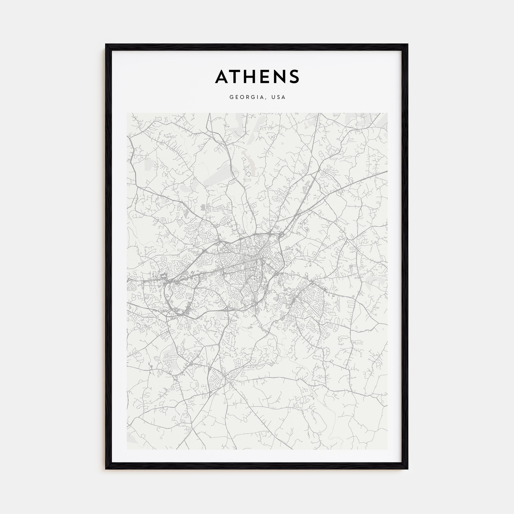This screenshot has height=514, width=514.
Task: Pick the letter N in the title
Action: click(x=283, y=77)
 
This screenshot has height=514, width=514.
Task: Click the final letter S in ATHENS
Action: click(x=296, y=77)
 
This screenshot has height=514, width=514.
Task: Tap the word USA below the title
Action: click(x=278, y=97)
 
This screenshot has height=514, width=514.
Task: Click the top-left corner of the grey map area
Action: click(x=127, y=113)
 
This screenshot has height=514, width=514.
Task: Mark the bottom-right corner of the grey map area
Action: click(x=387, y=449)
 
